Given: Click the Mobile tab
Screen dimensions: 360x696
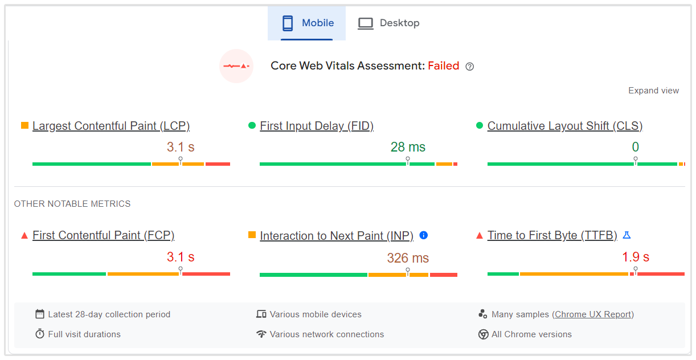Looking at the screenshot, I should [308, 23].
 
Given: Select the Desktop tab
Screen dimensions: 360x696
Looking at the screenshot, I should [388, 23].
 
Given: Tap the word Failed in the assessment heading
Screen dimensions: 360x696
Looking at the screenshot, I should [444, 66].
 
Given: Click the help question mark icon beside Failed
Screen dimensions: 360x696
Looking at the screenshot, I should [470, 67].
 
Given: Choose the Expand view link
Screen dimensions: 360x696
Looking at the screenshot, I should [653, 91].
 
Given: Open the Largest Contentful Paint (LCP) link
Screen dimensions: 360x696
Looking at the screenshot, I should [111, 126].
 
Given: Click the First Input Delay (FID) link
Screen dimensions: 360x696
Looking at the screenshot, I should [317, 126].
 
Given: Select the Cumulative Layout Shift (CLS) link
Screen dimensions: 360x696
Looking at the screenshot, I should [565, 126].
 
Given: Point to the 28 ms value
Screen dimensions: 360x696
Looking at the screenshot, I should [408, 147].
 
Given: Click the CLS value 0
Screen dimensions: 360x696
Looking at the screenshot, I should [635, 147].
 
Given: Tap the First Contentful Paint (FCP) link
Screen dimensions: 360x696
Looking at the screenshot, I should [103, 235].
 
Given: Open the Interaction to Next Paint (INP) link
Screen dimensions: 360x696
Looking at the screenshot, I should [337, 236].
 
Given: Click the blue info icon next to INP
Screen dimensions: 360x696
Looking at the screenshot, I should [423, 235].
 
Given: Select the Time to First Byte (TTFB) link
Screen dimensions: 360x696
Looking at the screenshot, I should [552, 235].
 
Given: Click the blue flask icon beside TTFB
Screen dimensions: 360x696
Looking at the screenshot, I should [627, 235].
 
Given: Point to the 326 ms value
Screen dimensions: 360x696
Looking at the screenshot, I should [408, 258].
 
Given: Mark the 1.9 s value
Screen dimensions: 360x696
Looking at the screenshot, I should [636, 257].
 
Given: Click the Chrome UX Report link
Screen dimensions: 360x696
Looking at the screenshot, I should [593, 314].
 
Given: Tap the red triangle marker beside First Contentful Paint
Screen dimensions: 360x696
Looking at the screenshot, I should [24, 235].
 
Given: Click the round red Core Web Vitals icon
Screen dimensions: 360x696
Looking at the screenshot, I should [236, 66].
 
